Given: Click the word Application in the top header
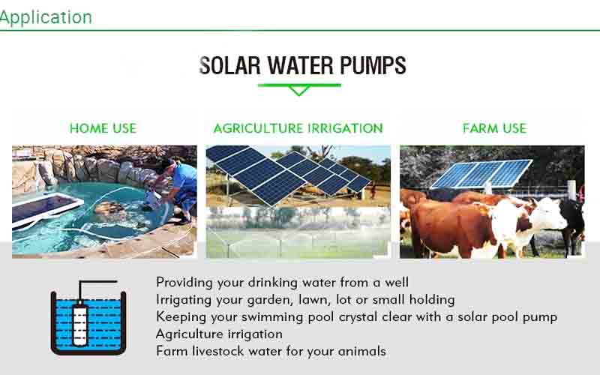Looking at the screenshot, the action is point(46,17).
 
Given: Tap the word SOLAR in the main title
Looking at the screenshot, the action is point(229,65).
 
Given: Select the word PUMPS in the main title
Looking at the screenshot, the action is point(373,65).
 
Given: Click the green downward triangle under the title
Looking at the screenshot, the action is point(299,91).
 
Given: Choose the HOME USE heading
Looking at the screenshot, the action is point(103,128).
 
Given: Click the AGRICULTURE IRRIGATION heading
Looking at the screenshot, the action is point(298,128).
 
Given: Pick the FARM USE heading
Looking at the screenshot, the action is point(494,128).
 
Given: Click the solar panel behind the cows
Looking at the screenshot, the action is point(481,174).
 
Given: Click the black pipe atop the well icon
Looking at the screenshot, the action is point(97,282).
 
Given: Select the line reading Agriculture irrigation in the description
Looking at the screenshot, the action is point(219,334).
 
